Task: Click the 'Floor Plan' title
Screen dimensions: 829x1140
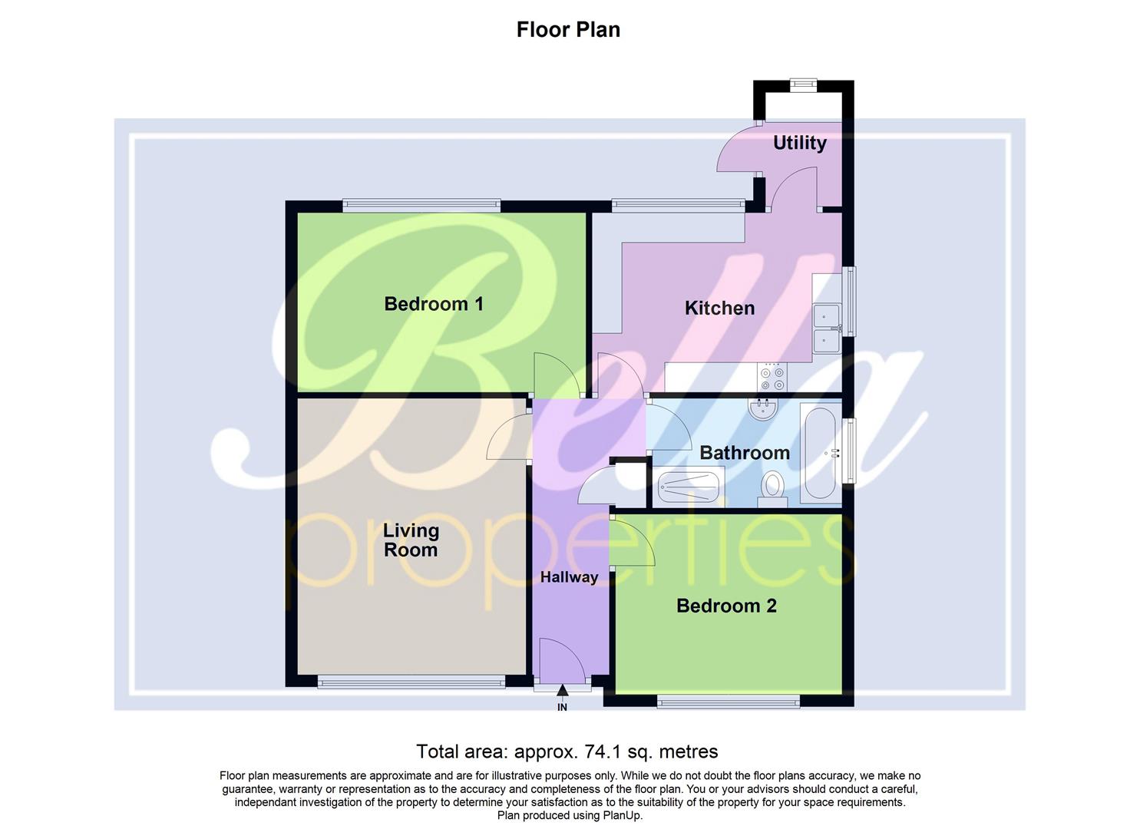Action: [x=568, y=30]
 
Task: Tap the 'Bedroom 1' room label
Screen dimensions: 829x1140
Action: [x=434, y=304]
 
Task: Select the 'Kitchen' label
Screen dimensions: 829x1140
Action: [x=719, y=309]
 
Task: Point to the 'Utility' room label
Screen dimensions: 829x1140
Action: [x=799, y=143]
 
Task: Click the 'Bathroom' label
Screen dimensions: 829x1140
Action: [x=744, y=453]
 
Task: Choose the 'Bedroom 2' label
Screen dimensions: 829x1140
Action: [x=726, y=606]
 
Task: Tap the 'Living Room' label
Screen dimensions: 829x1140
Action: [x=411, y=540]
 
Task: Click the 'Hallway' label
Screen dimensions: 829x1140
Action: [x=569, y=577]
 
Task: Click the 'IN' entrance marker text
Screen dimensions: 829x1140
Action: [x=562, y=707]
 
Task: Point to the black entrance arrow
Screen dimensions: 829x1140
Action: [x=563, y=692]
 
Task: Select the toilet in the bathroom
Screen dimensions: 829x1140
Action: [x=772, y=487]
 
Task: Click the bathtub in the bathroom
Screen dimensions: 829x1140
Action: [x=821, y=454]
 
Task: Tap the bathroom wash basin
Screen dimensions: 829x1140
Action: [x=763, y=408]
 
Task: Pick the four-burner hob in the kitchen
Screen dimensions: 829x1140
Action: [x=772, y=376]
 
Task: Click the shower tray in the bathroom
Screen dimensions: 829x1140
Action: [x=689, y=487]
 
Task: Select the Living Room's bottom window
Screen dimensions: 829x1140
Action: [x=411, y=681]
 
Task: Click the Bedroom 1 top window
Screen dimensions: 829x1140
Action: [x=421, y=205]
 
